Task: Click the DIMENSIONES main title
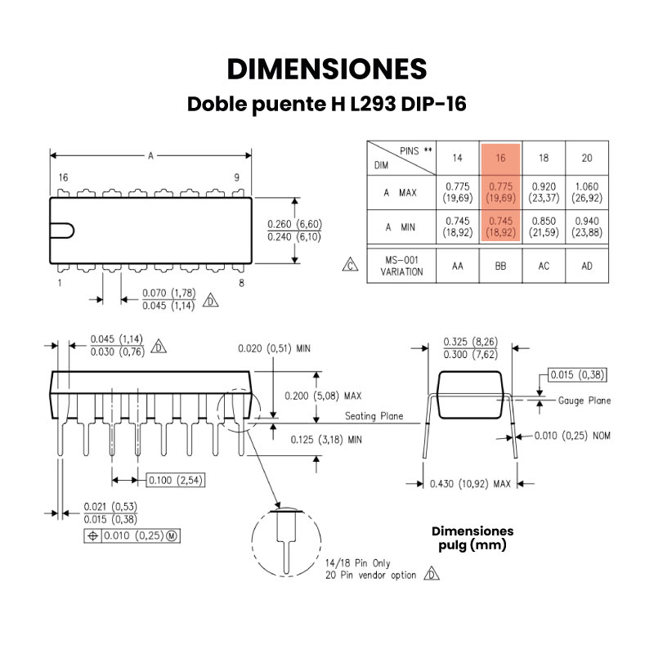pyautogui.click(x=327, y=69)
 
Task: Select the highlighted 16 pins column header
pyautogui.click(x=500, y=158)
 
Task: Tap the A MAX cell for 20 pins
pyautogui.click(x=587, y=192)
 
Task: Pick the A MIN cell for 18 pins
pyautogui.click(x=544, y=226)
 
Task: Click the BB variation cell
pyautogui.click(x=500, y=267)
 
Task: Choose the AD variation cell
pyautogui.click(x=587, y=267)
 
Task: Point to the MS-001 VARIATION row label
pyautogui.click(x=401, y=267)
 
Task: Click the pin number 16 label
pyautogui.click(x=64, y=177)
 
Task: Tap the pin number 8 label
pyautogui.click(x=241, y=283)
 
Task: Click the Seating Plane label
pyautogui.click(x=374, y=416)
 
